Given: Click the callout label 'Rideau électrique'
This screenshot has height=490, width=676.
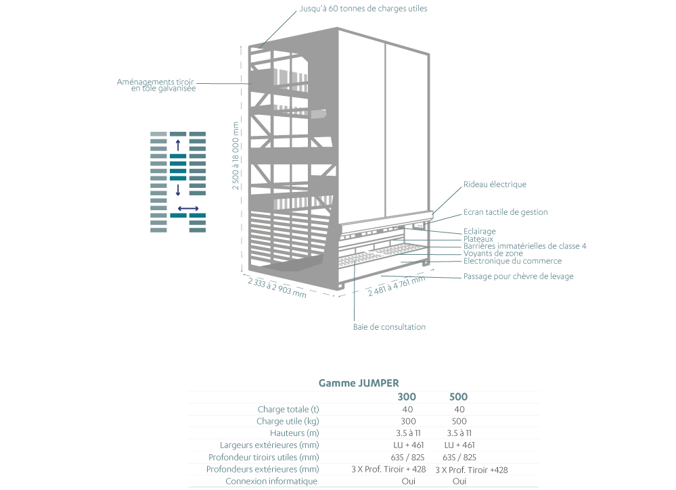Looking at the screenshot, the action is click(x=495, y=185).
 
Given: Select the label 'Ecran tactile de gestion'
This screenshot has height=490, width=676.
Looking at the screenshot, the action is click(x=505, y=212).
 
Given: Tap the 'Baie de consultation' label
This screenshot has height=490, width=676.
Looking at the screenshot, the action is click(x=389, y=327).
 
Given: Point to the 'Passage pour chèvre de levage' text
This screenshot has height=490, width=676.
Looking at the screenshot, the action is click(x=518, y=276).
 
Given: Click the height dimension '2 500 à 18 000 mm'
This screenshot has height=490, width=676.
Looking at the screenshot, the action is click(x=235, y=155).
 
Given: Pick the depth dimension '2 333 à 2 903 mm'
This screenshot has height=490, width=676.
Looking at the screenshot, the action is click(x=277, y=288).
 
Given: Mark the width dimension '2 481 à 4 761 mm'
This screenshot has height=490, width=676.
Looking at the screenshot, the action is click(x=397, y=286).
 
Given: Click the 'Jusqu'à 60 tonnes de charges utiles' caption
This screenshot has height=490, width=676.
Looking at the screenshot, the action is click(x=363, y=9).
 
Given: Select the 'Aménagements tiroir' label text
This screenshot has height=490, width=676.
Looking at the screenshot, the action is click(x=155, y=82).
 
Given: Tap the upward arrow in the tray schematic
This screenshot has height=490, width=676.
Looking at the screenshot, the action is click(x=177, y=145).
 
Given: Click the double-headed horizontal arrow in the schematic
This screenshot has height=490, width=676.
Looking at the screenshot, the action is click(x=188, y=209).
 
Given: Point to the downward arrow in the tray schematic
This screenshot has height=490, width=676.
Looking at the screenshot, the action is click(x=177, y=190).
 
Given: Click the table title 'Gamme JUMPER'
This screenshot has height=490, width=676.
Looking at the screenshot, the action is click(x=359, y=383).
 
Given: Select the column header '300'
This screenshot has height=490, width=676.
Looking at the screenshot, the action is click(x=407, y=397).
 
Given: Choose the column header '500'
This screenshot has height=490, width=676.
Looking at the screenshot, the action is click(x=458, y=397).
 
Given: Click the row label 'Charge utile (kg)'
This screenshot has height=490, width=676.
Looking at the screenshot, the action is click(x=288, y=421).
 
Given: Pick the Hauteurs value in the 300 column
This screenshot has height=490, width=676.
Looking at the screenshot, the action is click(x=408, y=433).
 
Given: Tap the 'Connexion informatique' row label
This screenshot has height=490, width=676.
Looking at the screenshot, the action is click(x=271, y=481).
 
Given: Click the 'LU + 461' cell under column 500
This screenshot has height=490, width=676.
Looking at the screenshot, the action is click(x=459, y=445).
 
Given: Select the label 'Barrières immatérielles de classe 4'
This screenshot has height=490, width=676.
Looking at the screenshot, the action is click(x=524, y=246).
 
